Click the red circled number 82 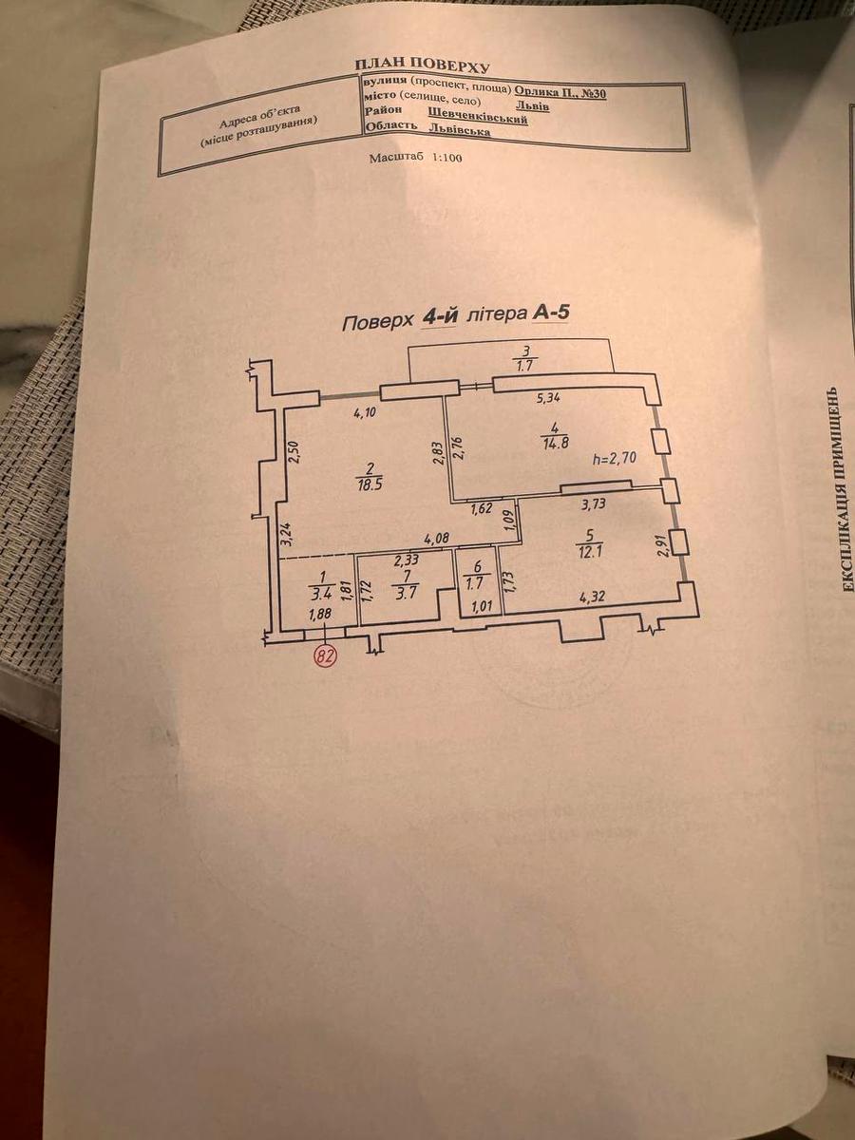point(325,655)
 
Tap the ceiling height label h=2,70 point(615,459)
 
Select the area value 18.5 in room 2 point(368,487)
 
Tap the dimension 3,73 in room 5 point(592,503)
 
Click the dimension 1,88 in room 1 point(320,615)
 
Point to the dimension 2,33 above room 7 point(407,560)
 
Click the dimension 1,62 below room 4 point(483,509)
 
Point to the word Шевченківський point(478,117)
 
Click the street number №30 point(593,93)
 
